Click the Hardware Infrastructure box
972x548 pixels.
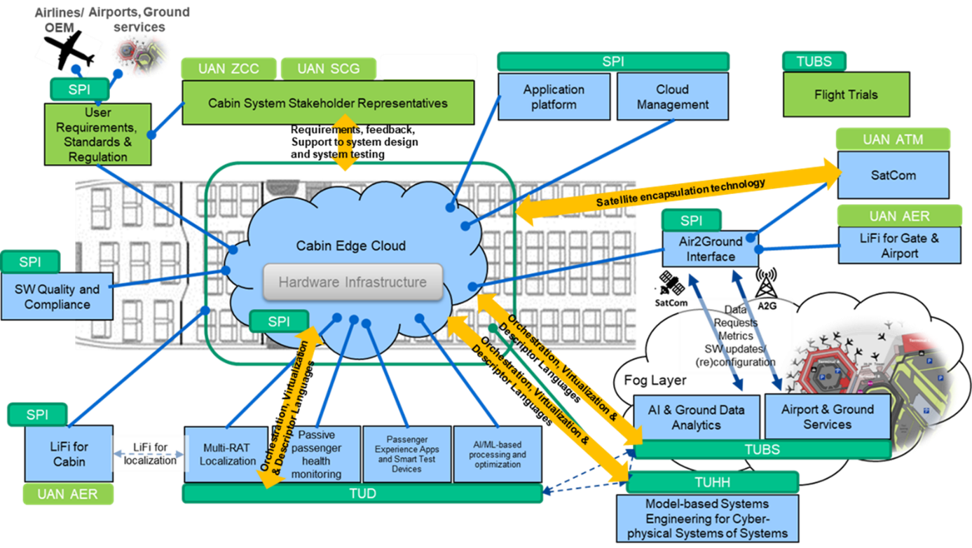(353, 282)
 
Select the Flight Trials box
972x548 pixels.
(846, 95)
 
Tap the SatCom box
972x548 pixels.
(894, 175)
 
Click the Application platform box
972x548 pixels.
(554, 97)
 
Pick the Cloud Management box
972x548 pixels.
(672, 97)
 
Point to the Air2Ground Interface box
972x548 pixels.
(711, 249)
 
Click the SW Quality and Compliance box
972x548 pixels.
(57, 296)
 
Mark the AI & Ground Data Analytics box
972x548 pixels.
(696, 417)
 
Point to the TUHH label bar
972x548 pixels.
(712, 482)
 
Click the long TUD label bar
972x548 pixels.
(362, 493)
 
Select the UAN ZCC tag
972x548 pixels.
(228, 69)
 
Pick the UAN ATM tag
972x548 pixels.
(893, 139)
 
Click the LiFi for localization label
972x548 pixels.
(151, 453)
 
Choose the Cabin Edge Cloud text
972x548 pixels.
(350, 246)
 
